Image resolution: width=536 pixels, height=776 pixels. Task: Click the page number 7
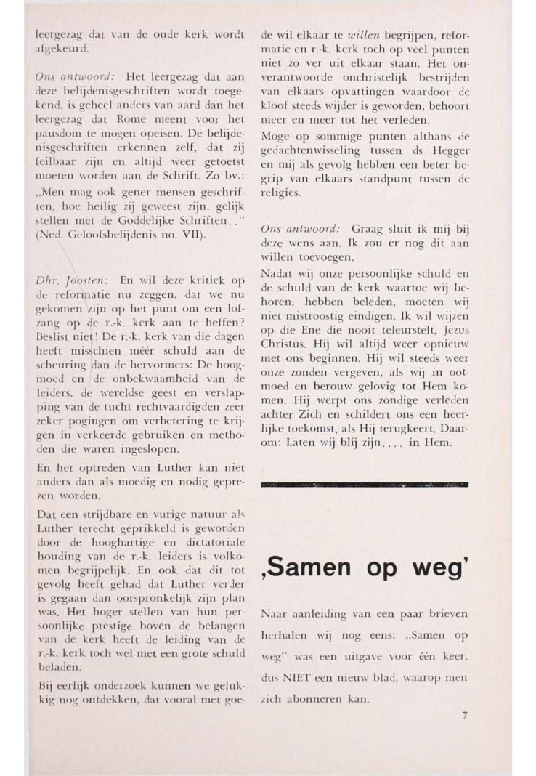tap(464, 716)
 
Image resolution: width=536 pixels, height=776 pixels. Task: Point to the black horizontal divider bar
tap(362, 483)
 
